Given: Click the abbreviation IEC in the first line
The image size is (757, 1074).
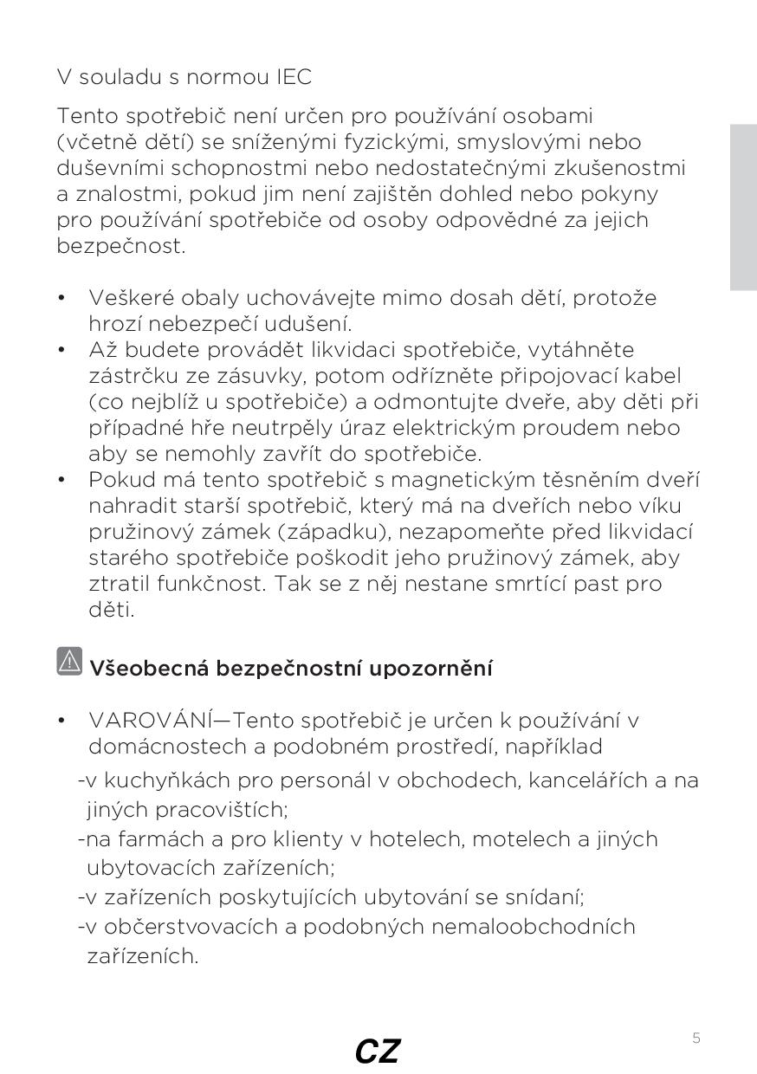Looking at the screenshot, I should coord(294,77).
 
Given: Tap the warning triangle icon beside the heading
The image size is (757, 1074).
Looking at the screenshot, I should coord(69,662).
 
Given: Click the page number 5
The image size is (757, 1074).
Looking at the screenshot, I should coord(696,1038).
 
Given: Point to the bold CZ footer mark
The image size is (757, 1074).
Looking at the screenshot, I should coord(378,1051).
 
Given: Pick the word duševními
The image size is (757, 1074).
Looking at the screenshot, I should coord(107,168).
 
